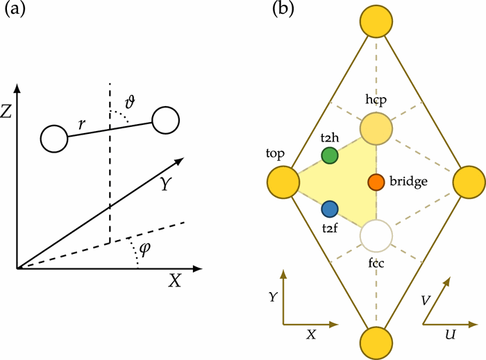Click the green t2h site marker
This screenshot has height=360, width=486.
point(330,155)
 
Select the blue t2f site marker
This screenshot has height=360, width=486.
point(330,208)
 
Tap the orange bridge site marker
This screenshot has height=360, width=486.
point(376,182)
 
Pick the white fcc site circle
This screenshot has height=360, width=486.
point(376,236)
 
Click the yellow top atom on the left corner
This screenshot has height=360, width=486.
point(283,182)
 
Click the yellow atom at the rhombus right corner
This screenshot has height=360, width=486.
point(469,182)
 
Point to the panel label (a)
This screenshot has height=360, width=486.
point(17,12)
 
